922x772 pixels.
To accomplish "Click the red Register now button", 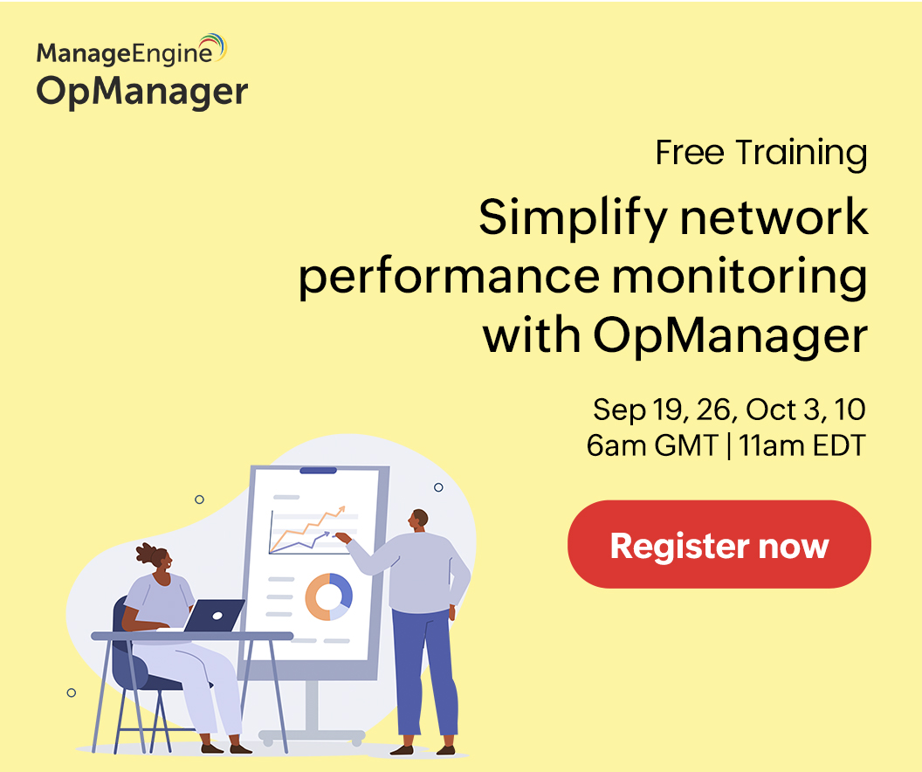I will point(719,545).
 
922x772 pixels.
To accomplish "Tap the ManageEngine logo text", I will point(123,53).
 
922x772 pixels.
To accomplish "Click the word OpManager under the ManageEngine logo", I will point(142,92).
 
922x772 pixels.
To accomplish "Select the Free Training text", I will point(761,153).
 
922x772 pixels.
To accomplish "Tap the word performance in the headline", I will point(449,279).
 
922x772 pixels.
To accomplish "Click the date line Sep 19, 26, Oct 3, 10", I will point(729,409).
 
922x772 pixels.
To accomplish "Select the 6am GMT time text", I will point(651,445).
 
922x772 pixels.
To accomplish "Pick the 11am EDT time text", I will point(802,445).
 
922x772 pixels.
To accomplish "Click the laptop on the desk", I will point(215,615).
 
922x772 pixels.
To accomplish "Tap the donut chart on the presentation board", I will point(329,597).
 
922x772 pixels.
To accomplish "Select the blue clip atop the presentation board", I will point(318,471).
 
